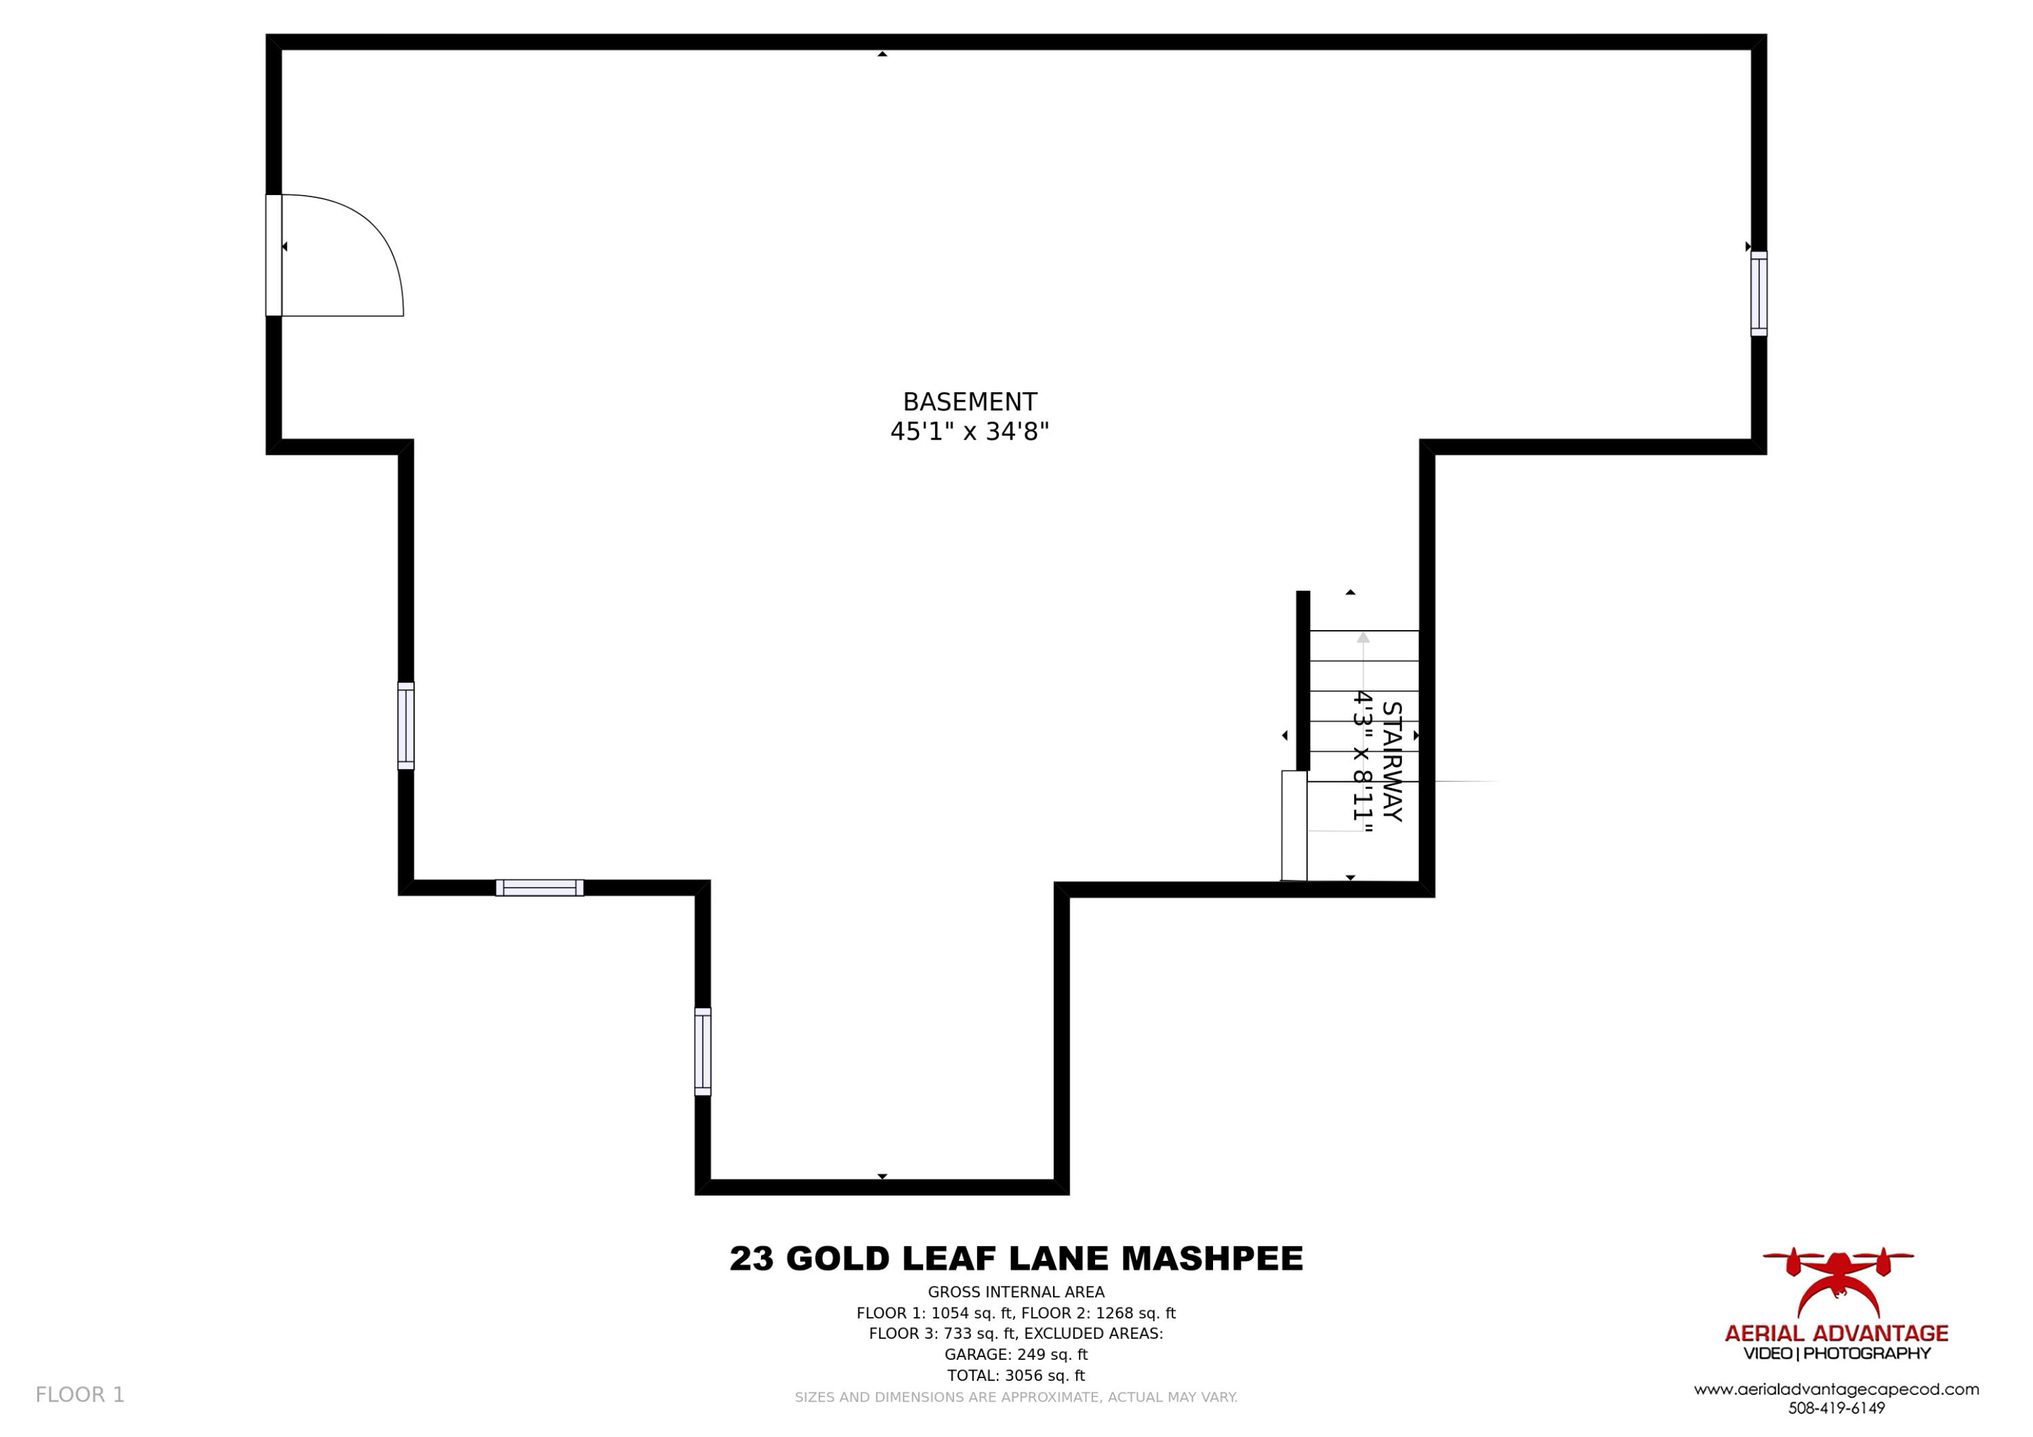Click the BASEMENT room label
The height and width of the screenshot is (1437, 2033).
point(970,402)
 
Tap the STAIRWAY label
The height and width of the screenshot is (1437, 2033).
point(1392,762)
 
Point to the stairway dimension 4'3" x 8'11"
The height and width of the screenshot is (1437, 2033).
point(1362,762)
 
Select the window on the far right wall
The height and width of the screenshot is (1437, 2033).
point(1759,294)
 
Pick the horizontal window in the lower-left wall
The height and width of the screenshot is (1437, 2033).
point(539,888)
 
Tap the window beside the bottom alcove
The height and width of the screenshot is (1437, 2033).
point(702,1052)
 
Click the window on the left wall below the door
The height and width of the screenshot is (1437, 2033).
point(405,726)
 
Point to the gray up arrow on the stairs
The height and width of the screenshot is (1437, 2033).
point(1363,638)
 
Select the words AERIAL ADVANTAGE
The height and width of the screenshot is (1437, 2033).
point(1836,1333)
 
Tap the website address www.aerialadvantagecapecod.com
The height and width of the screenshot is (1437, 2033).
point(1836,1390)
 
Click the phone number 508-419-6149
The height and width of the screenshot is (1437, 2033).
point(1836,1409)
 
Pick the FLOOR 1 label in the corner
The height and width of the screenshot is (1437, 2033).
point(80,1396)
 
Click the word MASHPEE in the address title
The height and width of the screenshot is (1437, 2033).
point(1212,1259)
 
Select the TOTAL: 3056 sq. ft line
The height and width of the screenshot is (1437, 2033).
point(1016,1376)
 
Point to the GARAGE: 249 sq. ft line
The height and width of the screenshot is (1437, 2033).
point(1016,1354)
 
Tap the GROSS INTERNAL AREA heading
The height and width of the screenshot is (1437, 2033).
point(1016,1293)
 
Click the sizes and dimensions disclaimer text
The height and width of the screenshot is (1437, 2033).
point(1016,1397)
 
